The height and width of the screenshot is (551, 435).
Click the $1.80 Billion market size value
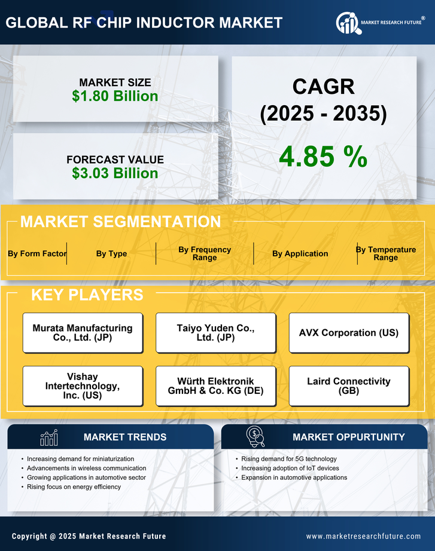[x=115, y=96]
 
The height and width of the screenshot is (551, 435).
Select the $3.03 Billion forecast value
[x=115, y=173]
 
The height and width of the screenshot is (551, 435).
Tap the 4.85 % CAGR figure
[x=323, y=157]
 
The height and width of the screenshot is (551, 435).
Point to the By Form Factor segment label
[x=37, y=253]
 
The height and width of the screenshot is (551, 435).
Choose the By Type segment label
[x=111, y=253]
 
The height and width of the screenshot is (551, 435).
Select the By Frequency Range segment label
[x=205, y=253]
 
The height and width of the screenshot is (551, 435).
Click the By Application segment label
[x=300, y=253]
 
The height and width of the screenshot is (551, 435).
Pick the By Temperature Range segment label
[x=385, y=253]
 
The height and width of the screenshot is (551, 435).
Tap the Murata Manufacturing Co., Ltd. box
[x=83, y=333]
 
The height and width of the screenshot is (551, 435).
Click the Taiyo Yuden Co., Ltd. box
[x=215, y=333]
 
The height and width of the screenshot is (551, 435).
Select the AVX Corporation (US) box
[x=349, y=333]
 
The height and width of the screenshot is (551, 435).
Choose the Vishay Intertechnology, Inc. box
[x=83, y=386]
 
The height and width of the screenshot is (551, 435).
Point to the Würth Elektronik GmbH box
[x=215, y=386]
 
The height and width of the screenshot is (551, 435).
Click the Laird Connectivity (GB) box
[x=349, y=386]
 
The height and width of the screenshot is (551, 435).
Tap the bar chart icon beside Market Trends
[x=48, y=437]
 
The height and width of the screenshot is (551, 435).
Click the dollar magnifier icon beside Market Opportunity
[x=255, y=437]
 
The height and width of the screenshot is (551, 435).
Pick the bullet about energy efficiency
[x=74, y=487]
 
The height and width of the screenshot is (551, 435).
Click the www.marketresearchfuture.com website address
[x=363, y=536]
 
